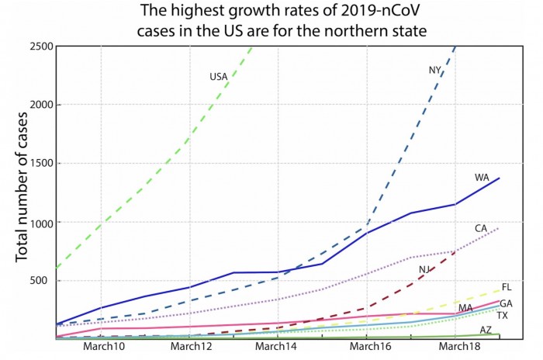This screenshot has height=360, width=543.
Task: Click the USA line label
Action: pyautogui.click(x=218, y=77)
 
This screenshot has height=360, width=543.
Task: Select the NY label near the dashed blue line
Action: pyautogui.click(x=435, y=71)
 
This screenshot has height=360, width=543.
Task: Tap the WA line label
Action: pyautogui.click(x=482, y=178)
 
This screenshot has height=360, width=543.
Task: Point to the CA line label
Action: pyautogui.click(x=481, y=228)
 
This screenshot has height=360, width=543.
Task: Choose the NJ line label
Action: pyautogui.click(x=424, y=269)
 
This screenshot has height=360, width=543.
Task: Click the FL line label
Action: pyautogui.click(x=507, y=287)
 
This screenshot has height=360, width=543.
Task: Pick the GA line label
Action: pyautogui.click(x=506, y=303)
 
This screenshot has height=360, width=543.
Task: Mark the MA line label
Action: pyautogui.click(x=465, y=308)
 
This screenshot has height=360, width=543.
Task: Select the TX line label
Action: pyautogui.click(x=503, y=316)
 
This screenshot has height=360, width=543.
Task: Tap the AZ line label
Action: pyautogui.click(x=486, y=330)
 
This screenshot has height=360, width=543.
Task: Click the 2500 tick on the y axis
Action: pyautogui.click(x=38, y=46)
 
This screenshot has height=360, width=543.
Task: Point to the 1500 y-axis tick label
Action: pyautogui.click(x=38, y=164)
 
